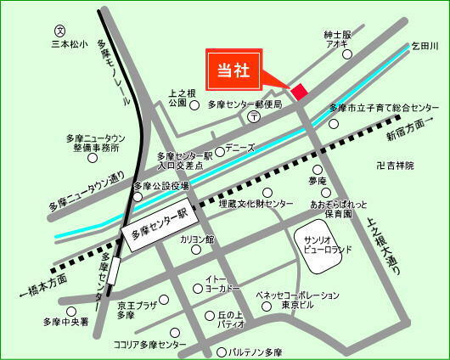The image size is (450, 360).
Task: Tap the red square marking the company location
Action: point(298,91)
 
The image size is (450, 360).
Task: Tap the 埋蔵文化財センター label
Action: point(256,205)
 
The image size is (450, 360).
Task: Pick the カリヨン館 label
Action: point(197,240)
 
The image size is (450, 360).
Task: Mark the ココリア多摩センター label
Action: point(149,345)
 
